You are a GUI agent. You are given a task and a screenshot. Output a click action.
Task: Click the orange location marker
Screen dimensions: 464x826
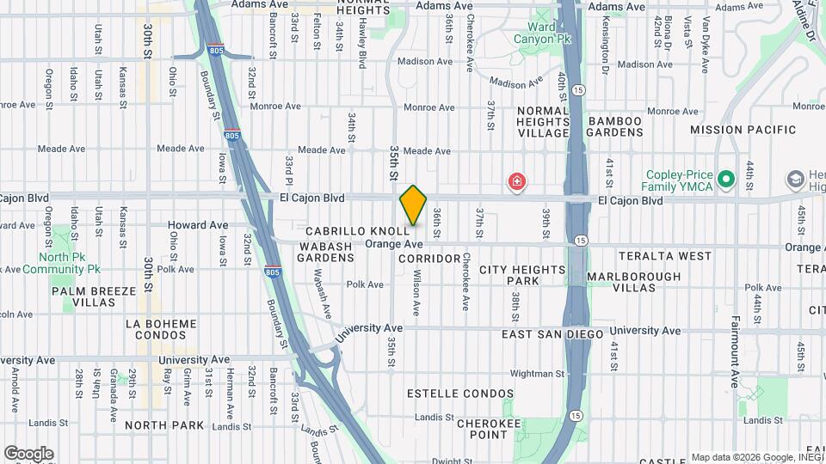coord(413,205)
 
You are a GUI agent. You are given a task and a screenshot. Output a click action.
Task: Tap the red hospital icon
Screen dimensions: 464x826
coord(516,182)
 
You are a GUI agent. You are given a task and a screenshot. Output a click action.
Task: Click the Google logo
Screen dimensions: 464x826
coord(28,453)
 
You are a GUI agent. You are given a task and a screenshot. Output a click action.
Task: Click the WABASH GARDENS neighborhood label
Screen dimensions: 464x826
coord(326,252)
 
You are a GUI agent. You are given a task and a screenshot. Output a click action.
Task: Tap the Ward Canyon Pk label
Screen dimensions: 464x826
coord(542,32)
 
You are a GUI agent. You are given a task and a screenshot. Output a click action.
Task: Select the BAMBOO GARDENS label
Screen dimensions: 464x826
coord(615,126)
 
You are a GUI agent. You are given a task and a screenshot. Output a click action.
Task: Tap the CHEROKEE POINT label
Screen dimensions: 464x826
coord(488,429)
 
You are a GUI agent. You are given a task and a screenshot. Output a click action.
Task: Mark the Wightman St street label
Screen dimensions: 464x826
coord(535,374)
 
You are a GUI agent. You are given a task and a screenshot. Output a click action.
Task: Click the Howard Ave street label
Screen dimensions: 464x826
coord(198,225)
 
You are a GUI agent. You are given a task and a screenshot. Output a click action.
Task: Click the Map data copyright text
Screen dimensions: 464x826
coord(755,457)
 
